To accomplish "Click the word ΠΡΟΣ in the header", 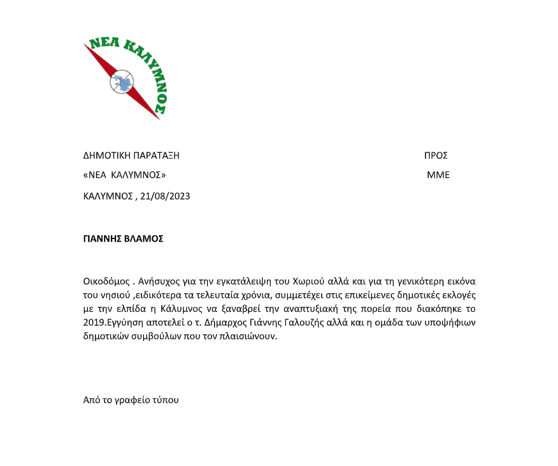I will (x=436, y=156).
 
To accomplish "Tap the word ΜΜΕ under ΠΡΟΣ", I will (x=438, y=175).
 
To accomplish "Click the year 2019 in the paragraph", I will (x=94, y=323).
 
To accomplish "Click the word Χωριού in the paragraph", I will (x=308, y=281).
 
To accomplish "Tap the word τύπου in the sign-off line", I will (x=166, y=400).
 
